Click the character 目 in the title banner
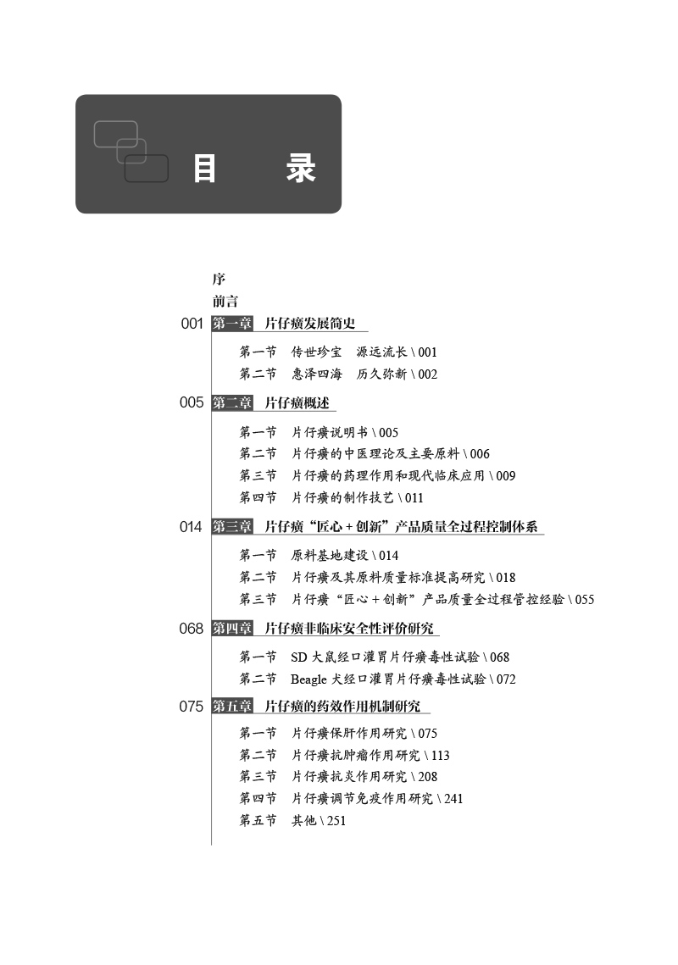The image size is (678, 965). (x=204, y=169)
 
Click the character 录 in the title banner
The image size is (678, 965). (x=300, y=169)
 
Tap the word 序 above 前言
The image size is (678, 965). (x=219, y=279)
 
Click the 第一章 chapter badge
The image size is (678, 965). (x=232, y=324)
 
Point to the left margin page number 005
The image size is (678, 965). (x=192, y=403)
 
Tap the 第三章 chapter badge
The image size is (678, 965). (x=232, y=527)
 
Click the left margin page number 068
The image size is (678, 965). (x=192, y=629)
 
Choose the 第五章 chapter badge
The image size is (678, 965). (x=232, y=706)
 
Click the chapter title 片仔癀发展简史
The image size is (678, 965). (x=309, y=324)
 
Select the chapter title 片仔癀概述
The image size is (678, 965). (x=297, y=403)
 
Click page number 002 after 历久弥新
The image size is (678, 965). (x=428, y=374)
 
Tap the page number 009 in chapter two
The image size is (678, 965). (x=505, y=476)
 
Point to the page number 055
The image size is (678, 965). (x=584, y=600)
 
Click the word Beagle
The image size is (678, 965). (x=308, y=679)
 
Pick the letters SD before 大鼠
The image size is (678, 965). (x=298, y=657)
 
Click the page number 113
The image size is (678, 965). (x=440, y=756)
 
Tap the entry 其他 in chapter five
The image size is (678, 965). (x=303, y=821)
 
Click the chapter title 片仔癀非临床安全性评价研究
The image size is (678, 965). (x=348, y=629)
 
